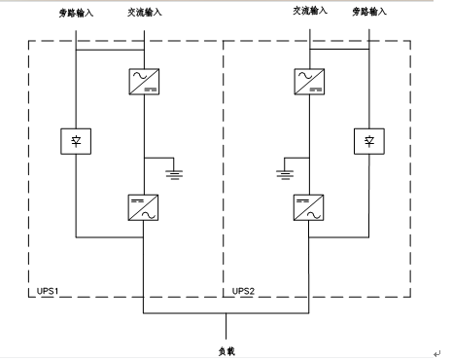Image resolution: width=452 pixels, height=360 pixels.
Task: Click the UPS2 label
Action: click(x=245, y=290)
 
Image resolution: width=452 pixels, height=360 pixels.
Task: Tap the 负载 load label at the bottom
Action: click(x=226, y=348)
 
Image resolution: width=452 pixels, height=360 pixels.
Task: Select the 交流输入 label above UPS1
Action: click(x=145, y=11)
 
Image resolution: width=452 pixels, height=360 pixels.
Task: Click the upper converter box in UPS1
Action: click(x=145, y=81)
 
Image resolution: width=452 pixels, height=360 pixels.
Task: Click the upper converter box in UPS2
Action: click(x=309, y=81)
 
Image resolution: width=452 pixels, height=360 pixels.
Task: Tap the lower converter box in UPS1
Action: click(x=145, y=206)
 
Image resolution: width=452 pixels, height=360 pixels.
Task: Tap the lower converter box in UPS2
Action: click(x=309, y=206)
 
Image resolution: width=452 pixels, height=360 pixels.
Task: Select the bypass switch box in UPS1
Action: click(x=76, y=141)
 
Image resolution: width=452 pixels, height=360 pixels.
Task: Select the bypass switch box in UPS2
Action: click(x=369, y=141)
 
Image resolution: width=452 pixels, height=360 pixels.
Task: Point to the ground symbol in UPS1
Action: click(x=173, y=173)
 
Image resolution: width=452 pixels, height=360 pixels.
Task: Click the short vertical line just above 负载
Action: click(x=226, y=327)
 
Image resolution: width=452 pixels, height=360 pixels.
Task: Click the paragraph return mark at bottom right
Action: click(x=436, y=353)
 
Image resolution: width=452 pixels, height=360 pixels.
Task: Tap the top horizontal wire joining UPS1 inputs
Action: click(x=110, y=50)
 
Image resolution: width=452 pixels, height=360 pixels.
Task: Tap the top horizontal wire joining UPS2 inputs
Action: click(x=339, y=50)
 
